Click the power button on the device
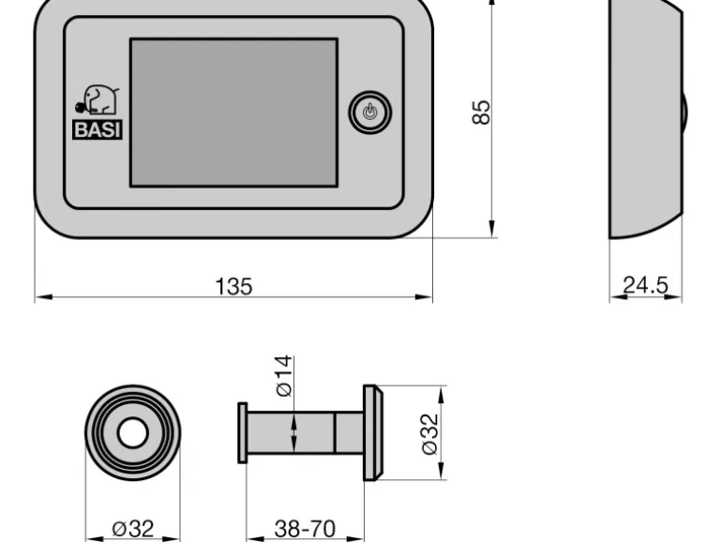point(369,113)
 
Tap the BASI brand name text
point(98,129)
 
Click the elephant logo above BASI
point(98,99)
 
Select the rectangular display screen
point(233,113)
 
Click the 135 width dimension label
point(233,286)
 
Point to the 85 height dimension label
point(481,112)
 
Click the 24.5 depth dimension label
point(645,284)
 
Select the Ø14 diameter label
point(283,375)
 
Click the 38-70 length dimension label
point(305,528)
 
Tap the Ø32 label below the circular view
point(133,528)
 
